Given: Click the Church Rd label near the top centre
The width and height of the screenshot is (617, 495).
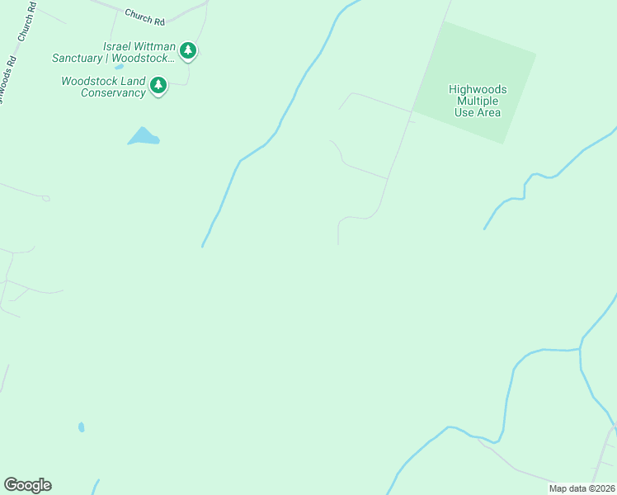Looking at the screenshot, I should click(x=145, y=15).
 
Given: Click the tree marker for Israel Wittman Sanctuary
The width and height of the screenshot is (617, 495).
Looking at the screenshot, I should click(x=188, y=51).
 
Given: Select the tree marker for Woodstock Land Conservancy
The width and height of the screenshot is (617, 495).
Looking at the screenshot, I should click(x=158, y=85).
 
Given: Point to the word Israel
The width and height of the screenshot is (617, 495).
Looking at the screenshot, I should click(x=118, y=46).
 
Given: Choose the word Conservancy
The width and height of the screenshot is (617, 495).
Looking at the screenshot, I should click(x=112, y=92).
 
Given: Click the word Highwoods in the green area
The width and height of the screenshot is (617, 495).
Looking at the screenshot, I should click(x=478, y=89).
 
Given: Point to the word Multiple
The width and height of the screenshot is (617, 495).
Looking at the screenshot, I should click(x=478, y=101).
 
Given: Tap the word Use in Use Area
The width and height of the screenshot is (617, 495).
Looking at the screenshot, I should click(x=464, y=112).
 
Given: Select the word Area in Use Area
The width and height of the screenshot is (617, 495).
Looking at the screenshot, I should click(x=488, y=112).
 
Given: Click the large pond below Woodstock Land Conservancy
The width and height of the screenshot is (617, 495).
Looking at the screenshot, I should click(x=144, y=137).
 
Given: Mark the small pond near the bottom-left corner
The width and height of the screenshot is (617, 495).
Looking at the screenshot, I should click(x=81, y=427).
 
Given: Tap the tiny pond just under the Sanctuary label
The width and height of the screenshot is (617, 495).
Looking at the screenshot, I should click(x=120, y=67).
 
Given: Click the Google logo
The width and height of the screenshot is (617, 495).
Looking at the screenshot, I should click(x=27, y=485).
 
